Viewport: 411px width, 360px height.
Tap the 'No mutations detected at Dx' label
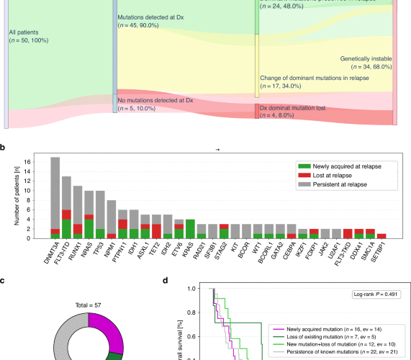point(156,102)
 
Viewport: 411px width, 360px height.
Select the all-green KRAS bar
point(189,228)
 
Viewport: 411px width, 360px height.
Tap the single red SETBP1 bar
point(381,235)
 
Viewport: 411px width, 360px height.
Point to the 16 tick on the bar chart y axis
point(38,161)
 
